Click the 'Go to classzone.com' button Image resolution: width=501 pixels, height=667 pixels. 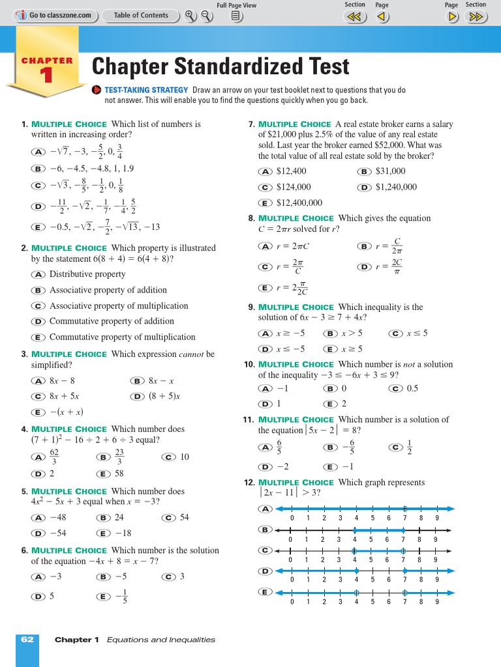click(x=55, y=15)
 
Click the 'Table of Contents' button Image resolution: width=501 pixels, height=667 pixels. click(x=140, y=15)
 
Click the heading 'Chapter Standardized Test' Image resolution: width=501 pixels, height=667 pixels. click(x=220, y=66)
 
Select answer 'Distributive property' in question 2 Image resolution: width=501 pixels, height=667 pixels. click(x=87, y=274)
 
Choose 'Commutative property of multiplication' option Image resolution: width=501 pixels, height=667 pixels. click(x=122, y=337)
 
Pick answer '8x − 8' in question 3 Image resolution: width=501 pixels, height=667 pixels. click(x=62, y=380)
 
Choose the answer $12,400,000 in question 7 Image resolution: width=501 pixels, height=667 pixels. click(x=299, y=203)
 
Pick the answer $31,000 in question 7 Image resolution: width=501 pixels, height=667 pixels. click(x=390, y=171)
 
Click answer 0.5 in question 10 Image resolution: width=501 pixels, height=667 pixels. click(x=412, y=388)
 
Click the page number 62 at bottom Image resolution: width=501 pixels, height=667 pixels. click(x=27, y=640)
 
